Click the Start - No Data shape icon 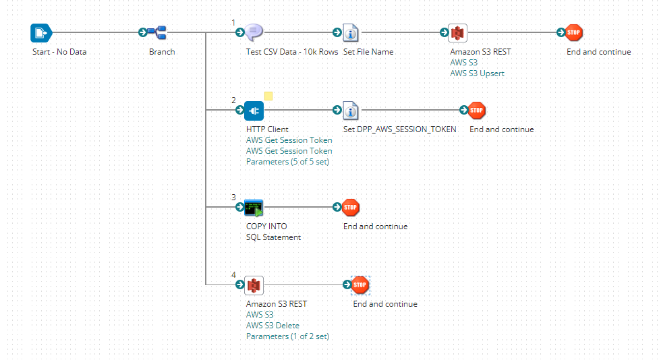41,32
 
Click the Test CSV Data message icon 254,32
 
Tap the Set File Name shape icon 351,32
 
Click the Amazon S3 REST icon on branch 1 459,32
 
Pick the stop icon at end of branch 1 575,32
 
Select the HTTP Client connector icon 254,110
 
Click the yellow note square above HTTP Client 268,96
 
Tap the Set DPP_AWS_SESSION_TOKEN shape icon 351,110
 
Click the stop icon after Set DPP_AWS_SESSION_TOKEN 477,110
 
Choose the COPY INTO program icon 254,207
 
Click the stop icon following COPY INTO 351,207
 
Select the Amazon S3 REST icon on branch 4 254,284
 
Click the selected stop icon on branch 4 361,284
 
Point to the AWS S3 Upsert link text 477,73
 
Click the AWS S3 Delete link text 273,326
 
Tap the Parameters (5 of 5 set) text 287,162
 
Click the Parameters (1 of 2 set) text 287,336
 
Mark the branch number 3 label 233,197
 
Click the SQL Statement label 273,237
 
